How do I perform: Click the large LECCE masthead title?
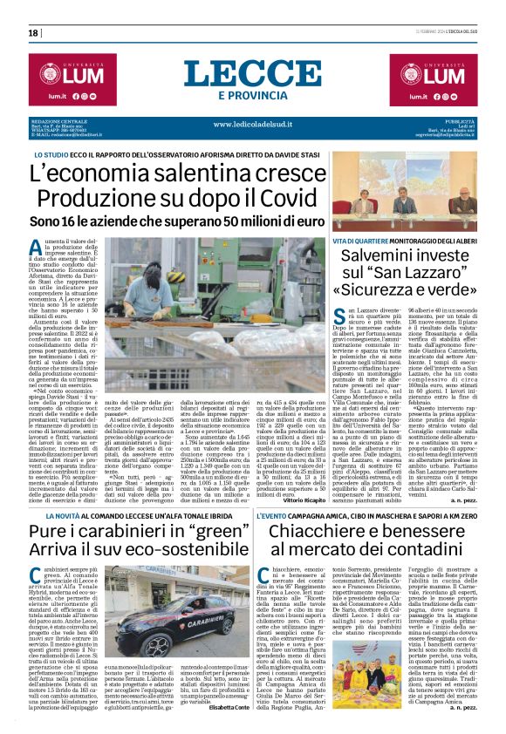click(x=252, y=73)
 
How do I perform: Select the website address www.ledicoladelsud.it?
click(x=253, y=125)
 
